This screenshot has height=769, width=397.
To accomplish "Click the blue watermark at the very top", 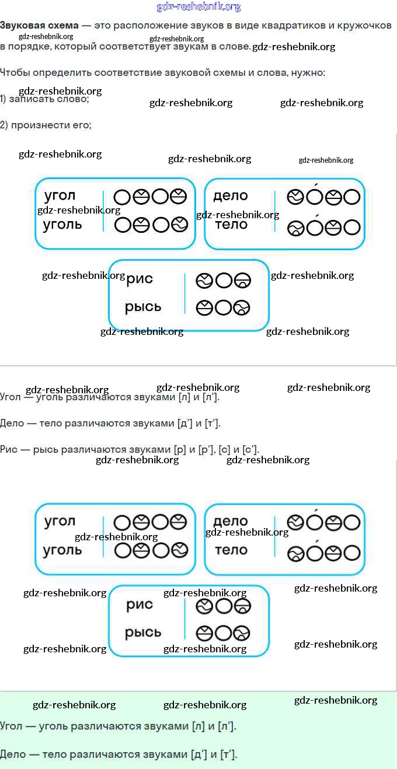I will click(x=198, y=7).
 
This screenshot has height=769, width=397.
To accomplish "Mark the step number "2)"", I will click(x=4, y=125).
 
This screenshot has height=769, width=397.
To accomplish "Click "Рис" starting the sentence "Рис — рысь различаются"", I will click(x=10, y=449).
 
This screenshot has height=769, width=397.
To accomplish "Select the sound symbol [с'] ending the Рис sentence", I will click(x=250, y=449).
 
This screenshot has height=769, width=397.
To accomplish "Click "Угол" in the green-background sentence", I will click(x=12, y=726).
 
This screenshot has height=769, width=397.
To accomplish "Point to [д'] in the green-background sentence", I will click(x=199, y=754).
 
